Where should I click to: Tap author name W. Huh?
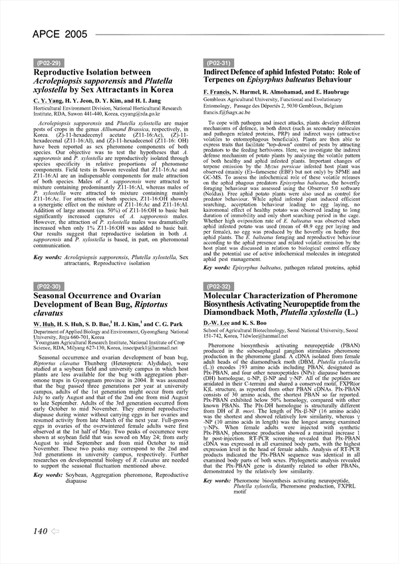(x=45, y=324)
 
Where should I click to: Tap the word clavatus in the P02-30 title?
(x=52, y=313)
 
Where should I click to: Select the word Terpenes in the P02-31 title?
(x=225, y=80)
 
